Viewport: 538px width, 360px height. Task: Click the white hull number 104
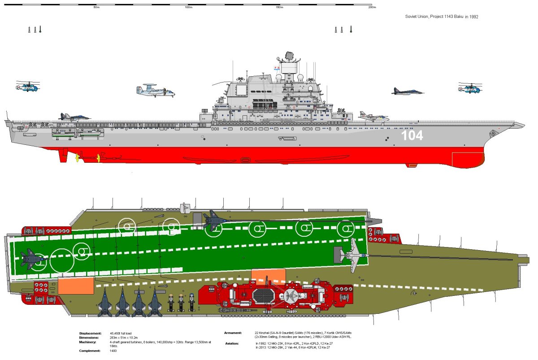pos(412,135)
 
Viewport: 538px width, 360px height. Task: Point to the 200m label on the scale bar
pos(372,7)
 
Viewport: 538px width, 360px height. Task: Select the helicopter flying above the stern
pos(27,86)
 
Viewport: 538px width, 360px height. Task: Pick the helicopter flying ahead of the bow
pos(469,88)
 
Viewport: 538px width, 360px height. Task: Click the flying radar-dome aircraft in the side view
pos(155,91)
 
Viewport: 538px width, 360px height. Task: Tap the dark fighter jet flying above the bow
pos(408,91)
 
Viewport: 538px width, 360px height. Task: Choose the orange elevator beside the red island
pos(269,275)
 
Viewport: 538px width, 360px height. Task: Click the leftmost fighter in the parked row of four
pos(105,302)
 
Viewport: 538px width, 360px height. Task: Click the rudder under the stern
pos(63,155)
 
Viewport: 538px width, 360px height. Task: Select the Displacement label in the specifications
pos(91,334)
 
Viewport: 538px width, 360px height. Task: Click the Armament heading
pos(233,333)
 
